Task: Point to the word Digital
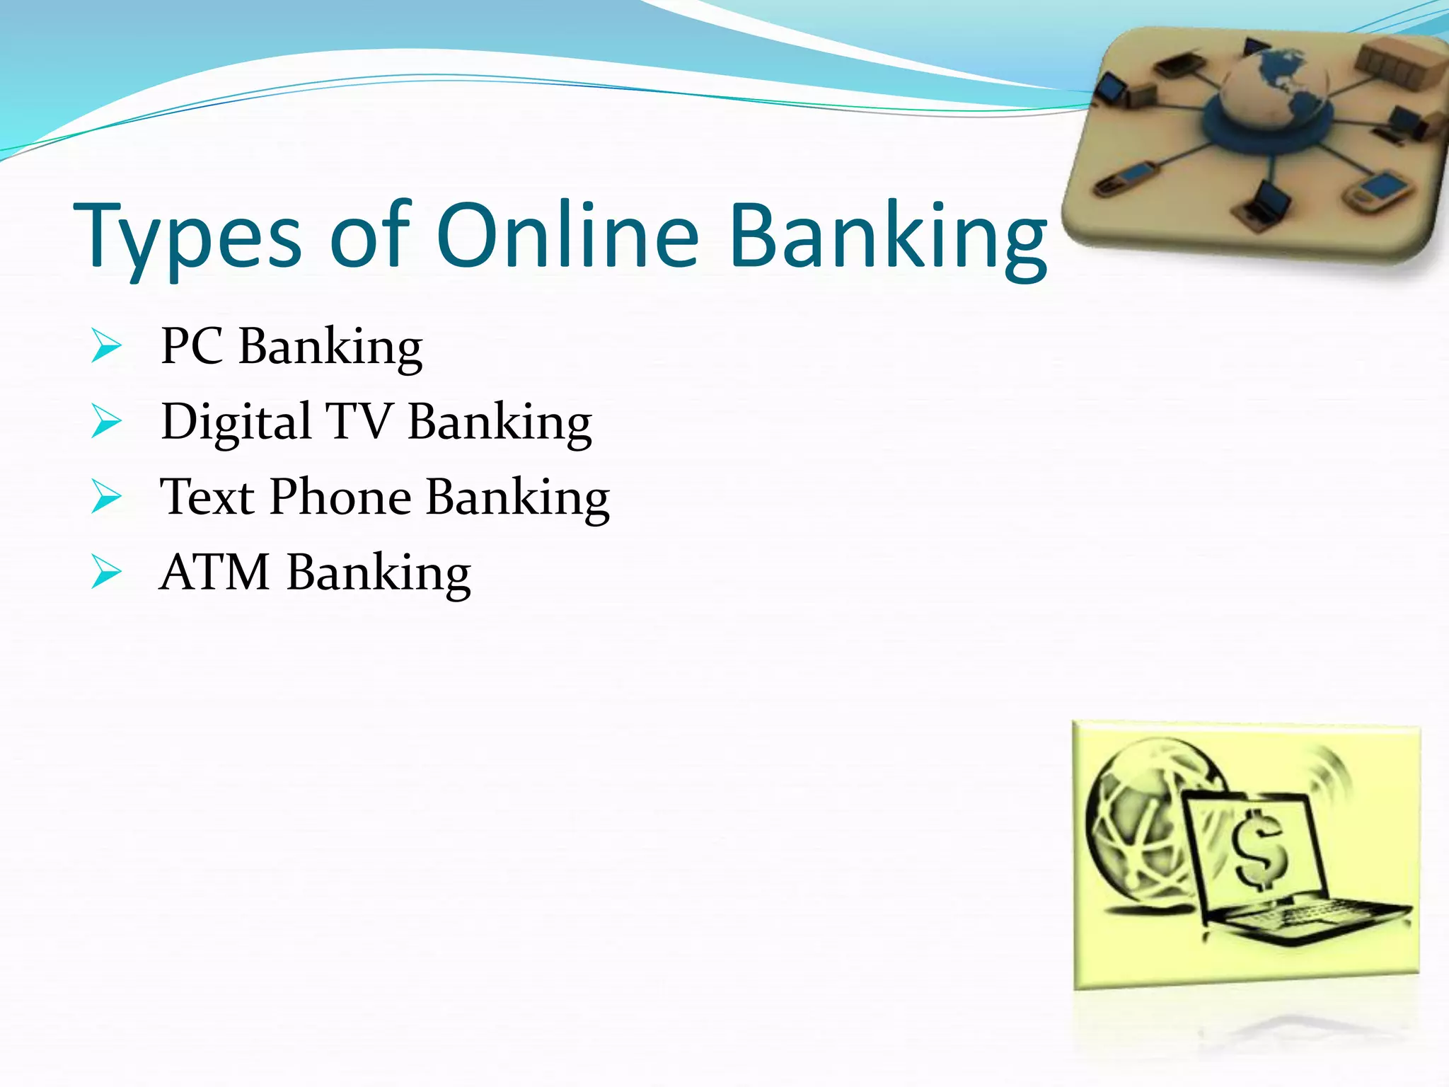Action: (236, 422)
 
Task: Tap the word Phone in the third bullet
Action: (340, 497)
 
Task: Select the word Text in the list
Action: (207, 497)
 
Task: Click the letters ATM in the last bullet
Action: (214, 572)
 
